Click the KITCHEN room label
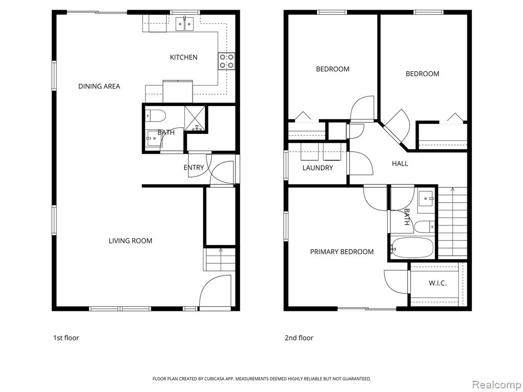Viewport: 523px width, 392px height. (183, 57)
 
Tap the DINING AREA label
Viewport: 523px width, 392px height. (99, 86)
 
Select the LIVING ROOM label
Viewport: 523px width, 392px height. (130, 241)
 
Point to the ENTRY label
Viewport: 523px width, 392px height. (194, 167)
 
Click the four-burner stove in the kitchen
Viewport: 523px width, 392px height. (226, 61)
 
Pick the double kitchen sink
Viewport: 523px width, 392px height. (184, 24)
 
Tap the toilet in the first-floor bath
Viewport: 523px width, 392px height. (155, 116)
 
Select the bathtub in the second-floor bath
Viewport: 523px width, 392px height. (412, 248)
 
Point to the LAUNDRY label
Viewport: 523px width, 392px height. (318, 168)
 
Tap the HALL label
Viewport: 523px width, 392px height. (400, 164)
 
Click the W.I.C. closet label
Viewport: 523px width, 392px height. (437, 283)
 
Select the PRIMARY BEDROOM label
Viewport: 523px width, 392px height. (342, 252)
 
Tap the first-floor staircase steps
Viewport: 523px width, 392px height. (219, 259)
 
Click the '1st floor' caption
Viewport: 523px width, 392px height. (66, 338)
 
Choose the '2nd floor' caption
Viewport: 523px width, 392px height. (299, 338)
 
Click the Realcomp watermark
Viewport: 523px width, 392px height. (496, 384)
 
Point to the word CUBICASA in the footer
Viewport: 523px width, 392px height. (218, 379)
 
